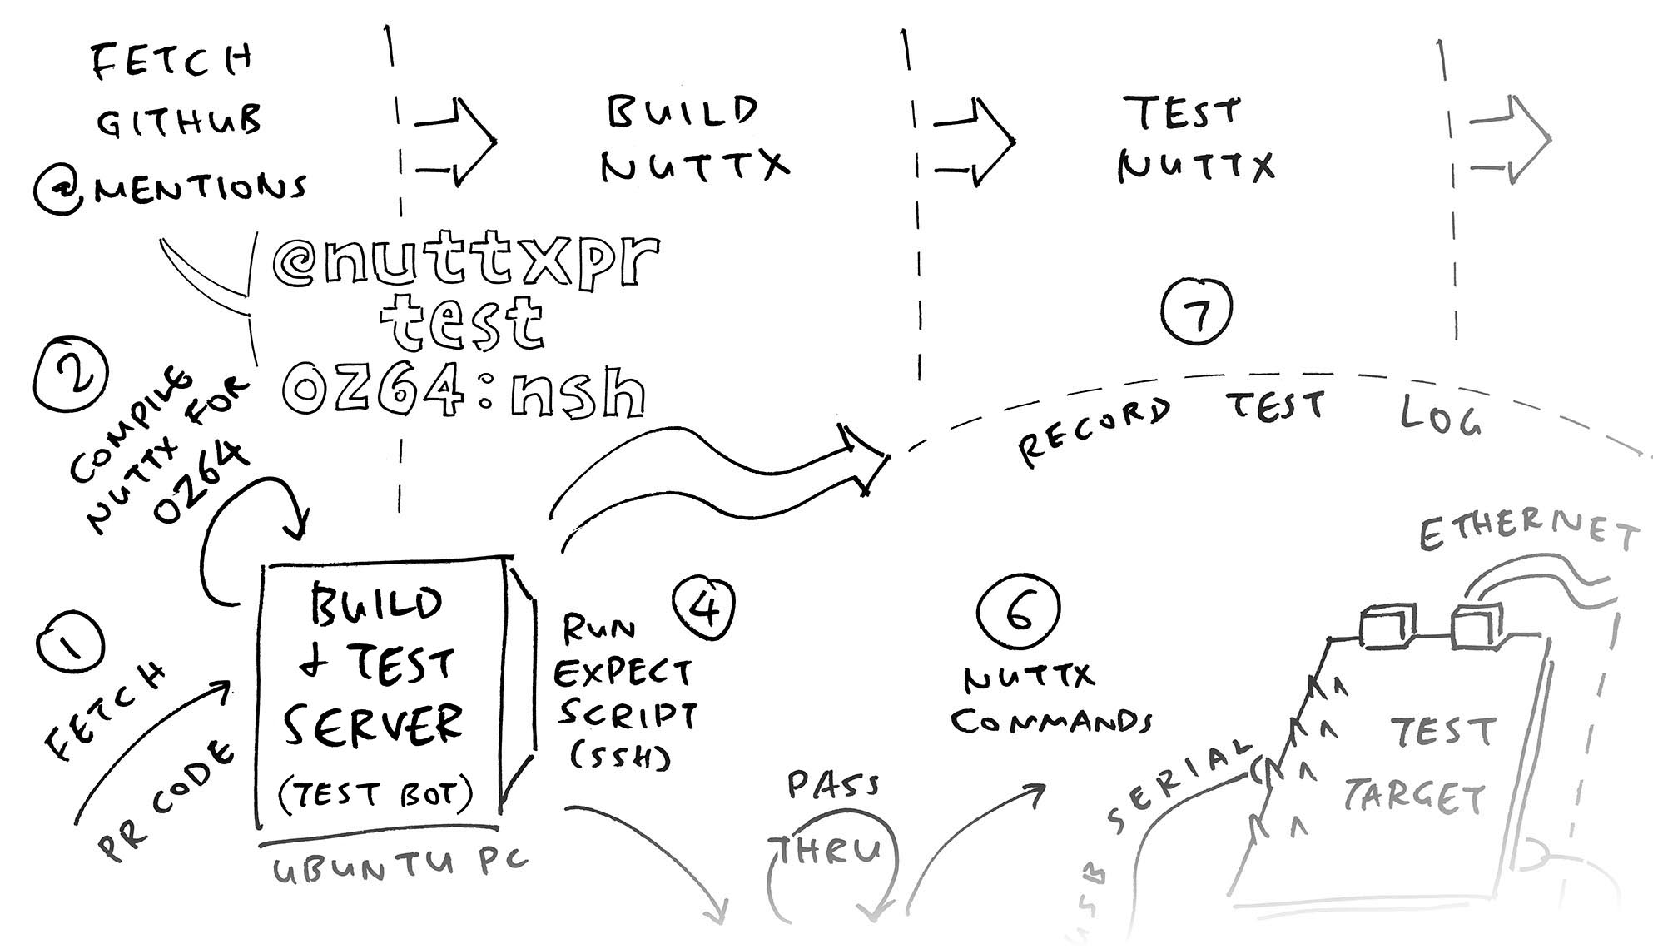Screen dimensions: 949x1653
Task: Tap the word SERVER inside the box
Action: (x=372, y=724)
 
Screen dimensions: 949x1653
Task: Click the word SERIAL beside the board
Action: (x=1178, y=783)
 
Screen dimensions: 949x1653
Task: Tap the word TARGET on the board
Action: (x=1415, y=797)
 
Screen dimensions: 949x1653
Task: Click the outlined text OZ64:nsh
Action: (x=464, y=391)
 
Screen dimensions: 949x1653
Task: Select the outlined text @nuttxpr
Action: (x=466, y=262)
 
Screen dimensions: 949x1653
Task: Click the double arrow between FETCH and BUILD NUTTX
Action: (x=454, y=142)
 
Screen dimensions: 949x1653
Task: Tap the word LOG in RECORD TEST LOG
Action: (x=1440, y=416)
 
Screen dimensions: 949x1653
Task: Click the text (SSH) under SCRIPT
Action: (x=620, y=756)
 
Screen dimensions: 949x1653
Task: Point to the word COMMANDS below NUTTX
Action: (x=1050, y=721)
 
